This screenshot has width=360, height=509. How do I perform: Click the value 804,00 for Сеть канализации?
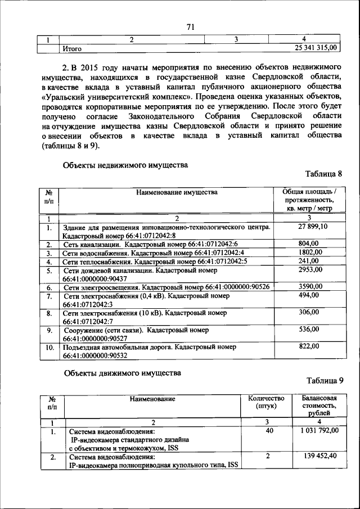pos(309,244)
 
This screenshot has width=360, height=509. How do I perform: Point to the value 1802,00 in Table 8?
pos(309,253)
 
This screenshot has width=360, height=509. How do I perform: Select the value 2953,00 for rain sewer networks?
pos(309,270)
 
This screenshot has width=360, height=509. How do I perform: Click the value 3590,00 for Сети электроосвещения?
pos(309,287)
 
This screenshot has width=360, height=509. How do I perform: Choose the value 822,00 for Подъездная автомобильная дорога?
pos(309,346)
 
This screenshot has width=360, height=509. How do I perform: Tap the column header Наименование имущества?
pos(176,192)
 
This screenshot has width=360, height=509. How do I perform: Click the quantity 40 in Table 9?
pos(269,430)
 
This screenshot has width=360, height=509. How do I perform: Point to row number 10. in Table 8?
pos(49,347)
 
